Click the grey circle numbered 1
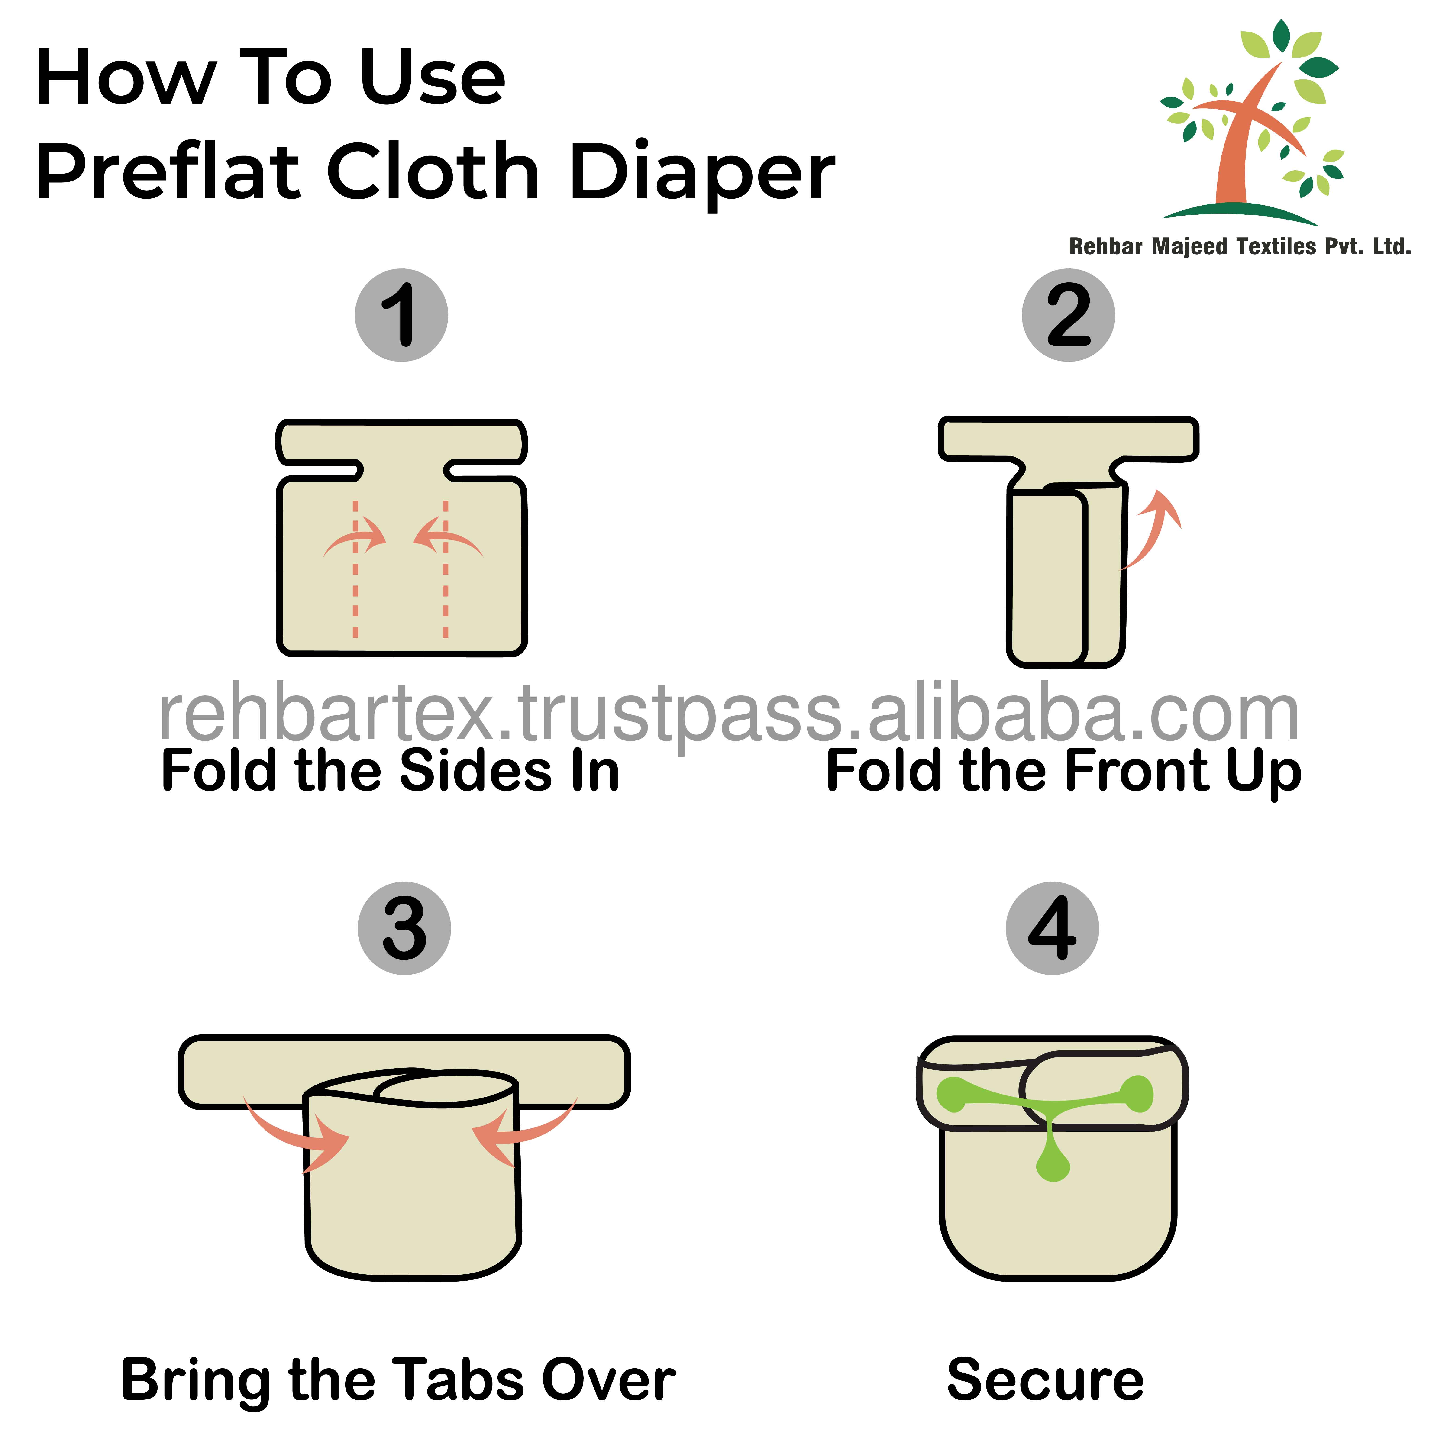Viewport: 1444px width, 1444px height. coord(401,315)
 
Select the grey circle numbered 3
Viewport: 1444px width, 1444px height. coord(404,928)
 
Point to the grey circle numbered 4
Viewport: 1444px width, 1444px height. coord(1052,928)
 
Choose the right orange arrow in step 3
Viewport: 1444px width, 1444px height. coord(523,1130)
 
